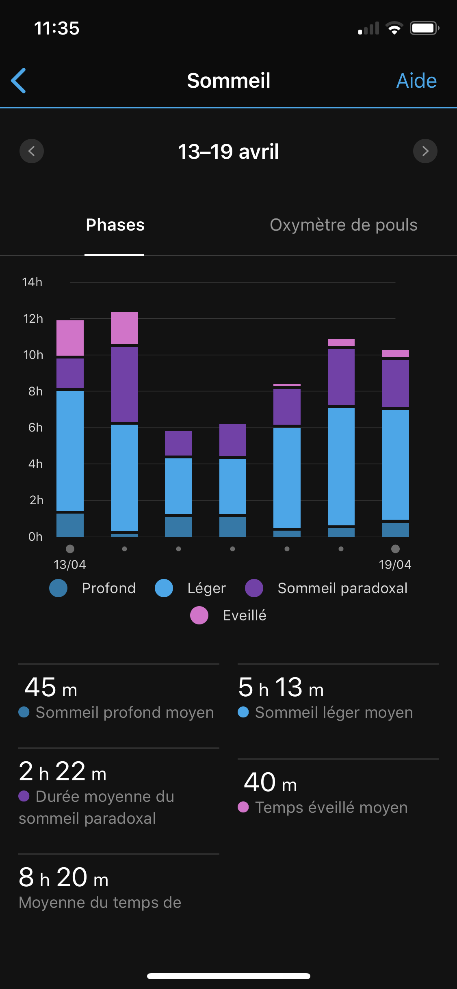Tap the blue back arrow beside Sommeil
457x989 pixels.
click(19, 80)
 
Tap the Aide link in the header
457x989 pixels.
click(416, 80)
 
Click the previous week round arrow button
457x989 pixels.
click(32, 151)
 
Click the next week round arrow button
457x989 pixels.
click(425, 151)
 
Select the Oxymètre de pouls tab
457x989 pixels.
click(343, 225)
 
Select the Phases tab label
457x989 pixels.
click(115, 225)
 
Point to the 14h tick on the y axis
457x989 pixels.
click(32, 282)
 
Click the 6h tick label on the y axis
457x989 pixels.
click(35, 428)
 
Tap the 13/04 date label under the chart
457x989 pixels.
click(70, 564)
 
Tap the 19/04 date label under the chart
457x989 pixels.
click(395, 564)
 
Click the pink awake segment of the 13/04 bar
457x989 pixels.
click(70, 338)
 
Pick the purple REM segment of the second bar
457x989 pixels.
click(124, 384)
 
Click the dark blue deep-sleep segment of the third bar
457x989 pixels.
click(178, 527)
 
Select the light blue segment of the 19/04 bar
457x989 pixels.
click(395, 464)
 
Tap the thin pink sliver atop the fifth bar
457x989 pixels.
click(287, 385)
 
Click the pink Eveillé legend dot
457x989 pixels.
click(199, 615)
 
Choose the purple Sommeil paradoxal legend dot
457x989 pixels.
click(254, 588)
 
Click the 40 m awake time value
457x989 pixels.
click(270, 782)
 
